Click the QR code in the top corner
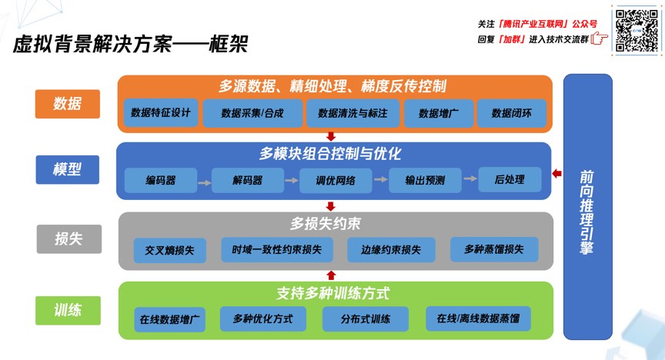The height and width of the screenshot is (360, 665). point(637,31)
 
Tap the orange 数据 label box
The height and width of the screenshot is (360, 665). point(68,104)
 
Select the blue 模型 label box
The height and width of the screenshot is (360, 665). point(68,169)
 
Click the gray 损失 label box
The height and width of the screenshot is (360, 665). point(69,239)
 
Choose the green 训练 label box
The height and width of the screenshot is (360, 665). point(68,310)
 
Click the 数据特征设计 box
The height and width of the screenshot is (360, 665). point(161,113)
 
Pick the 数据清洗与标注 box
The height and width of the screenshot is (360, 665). point(353,113)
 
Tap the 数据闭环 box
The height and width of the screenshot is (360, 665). point(512,113)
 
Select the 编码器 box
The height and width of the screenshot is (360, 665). point(161,181)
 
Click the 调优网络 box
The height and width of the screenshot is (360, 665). point(336,181)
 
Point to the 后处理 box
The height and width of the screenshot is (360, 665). point(510,179)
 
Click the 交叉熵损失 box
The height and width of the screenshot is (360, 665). point(169,251)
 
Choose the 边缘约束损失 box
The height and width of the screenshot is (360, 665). point(391,250)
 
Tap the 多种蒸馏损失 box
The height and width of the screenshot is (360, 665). point(494,249)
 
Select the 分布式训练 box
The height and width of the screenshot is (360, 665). point(366,319)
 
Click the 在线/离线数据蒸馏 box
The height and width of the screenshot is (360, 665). point(478,318)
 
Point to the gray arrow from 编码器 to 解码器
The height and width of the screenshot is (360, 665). point(204,182)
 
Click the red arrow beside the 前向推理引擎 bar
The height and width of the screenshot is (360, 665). point(556,174)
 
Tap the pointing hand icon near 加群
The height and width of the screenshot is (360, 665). point(600,39)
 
